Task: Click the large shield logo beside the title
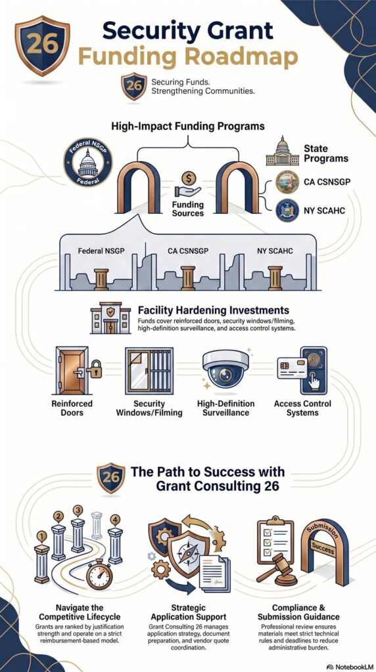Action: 42,45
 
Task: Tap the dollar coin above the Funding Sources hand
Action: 189,178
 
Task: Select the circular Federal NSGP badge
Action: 88,162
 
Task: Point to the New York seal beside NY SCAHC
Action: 287,211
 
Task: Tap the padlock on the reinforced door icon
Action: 94,369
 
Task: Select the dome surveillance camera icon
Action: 225,369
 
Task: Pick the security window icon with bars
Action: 149,371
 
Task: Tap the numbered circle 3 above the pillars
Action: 78,511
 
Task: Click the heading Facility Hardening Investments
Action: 214,310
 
